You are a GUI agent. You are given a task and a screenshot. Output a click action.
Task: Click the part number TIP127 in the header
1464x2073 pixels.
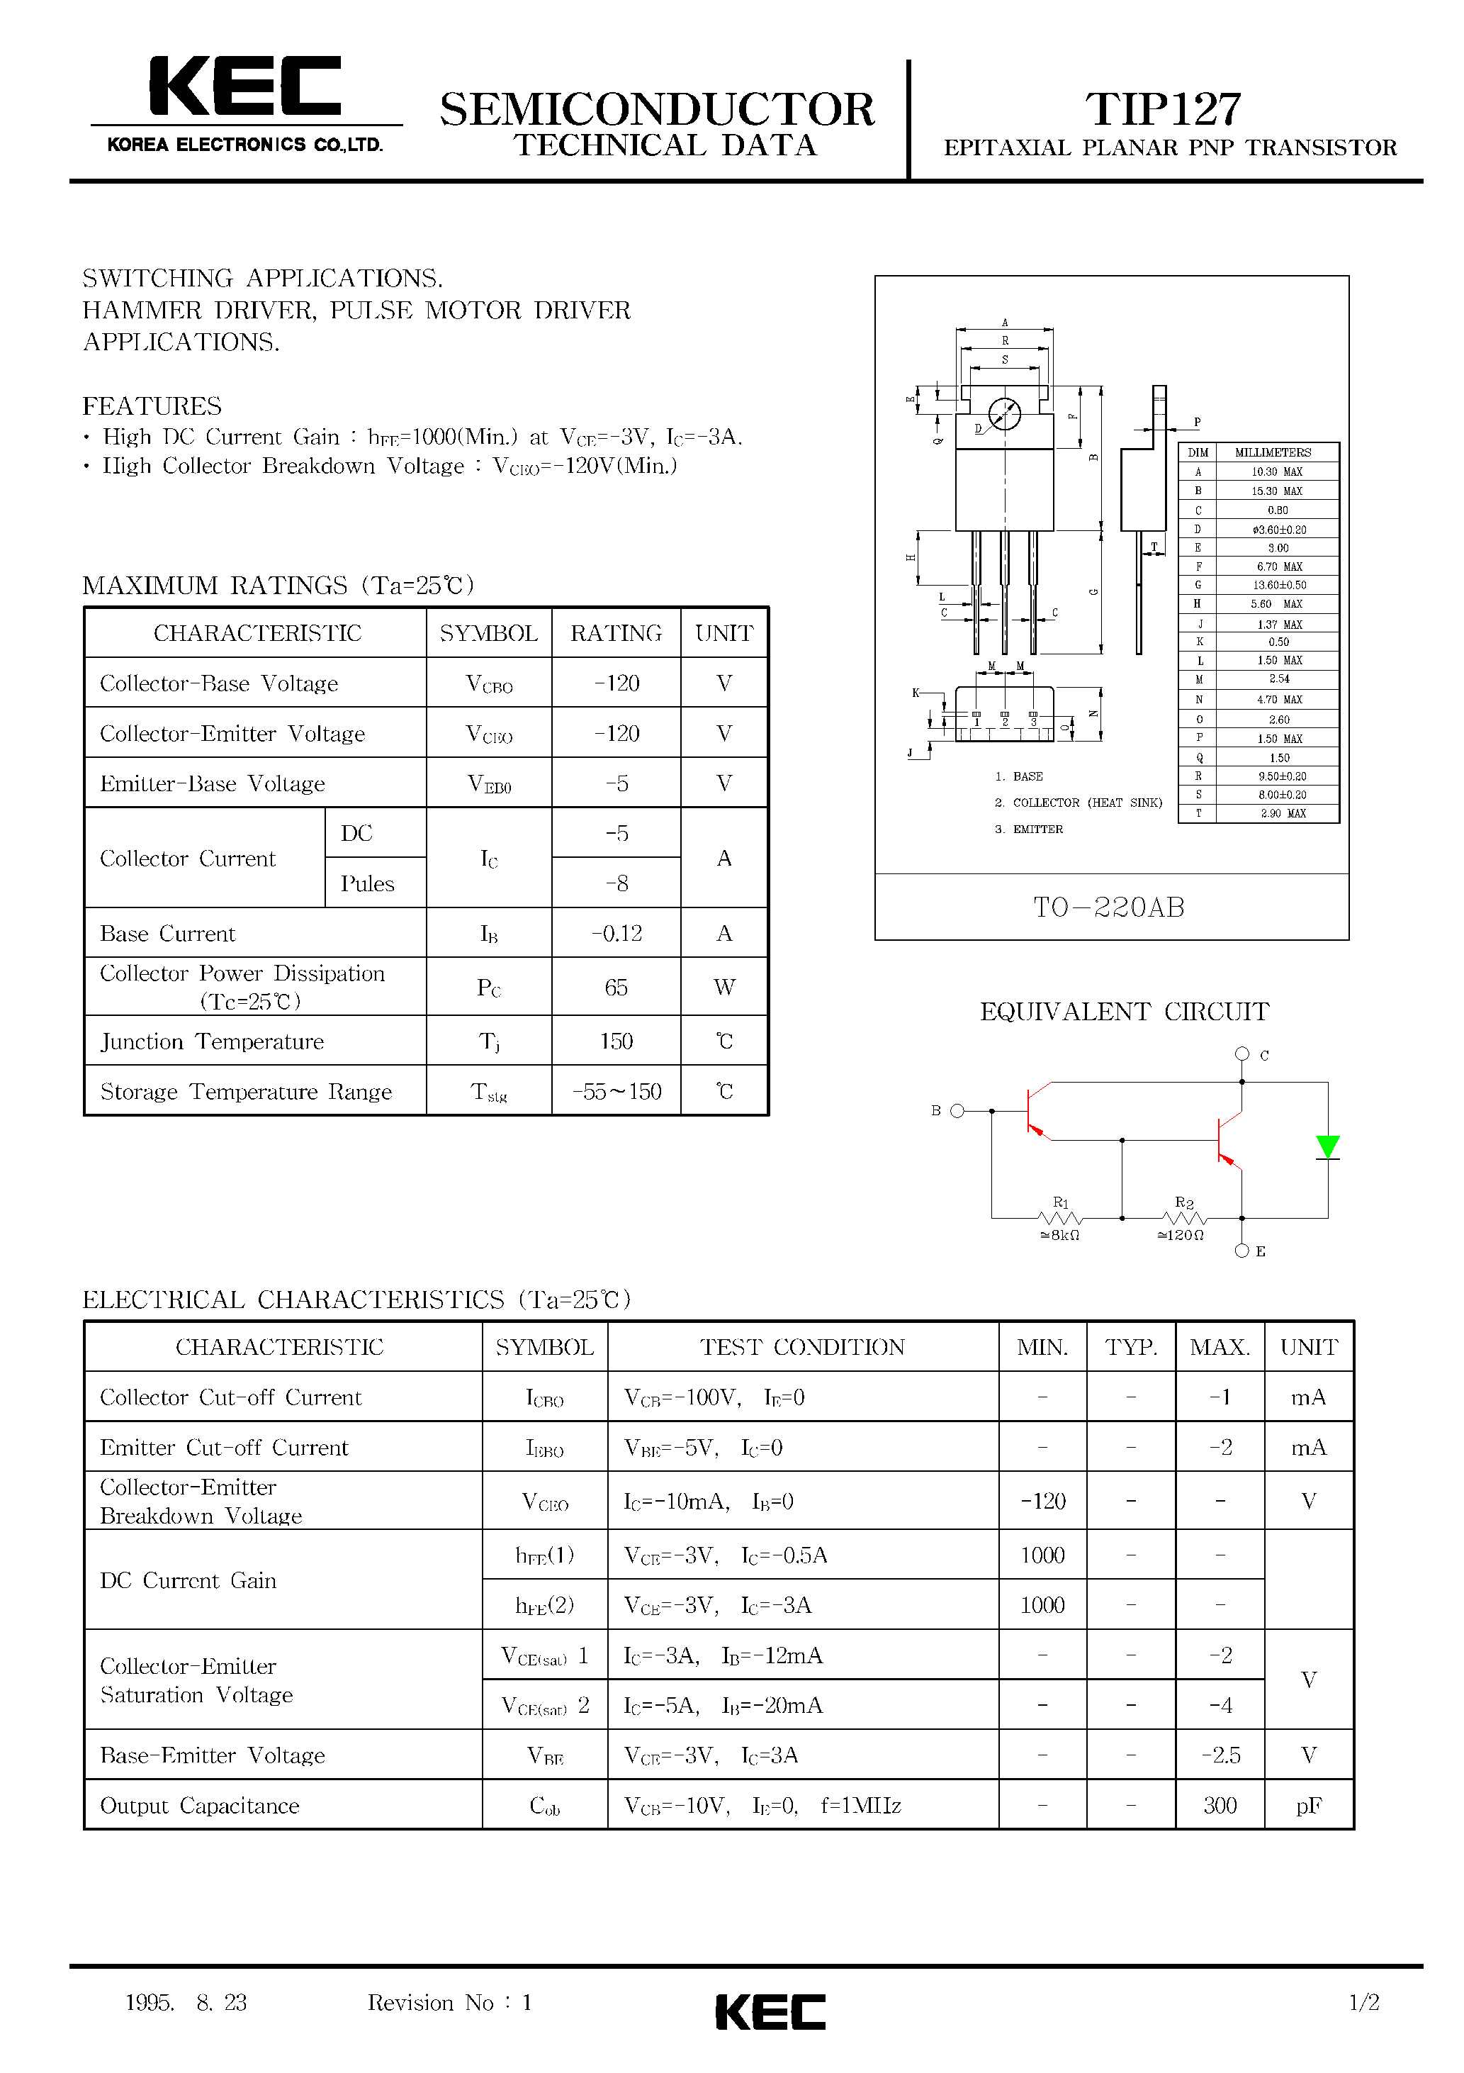point(1163,109)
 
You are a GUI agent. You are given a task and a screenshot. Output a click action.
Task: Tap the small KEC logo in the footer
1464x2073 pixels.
point(770,2013)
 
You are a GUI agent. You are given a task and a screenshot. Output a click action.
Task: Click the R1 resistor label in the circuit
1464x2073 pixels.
point(1061,1202)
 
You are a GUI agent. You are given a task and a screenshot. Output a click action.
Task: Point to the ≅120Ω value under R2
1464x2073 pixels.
point(1181,1235)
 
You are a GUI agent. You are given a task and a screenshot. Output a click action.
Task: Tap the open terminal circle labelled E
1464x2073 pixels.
point(1242,1251)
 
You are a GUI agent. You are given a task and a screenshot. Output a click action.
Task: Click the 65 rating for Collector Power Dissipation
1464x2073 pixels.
point(616,987)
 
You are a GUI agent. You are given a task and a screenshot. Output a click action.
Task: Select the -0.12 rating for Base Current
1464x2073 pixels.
point(616,934)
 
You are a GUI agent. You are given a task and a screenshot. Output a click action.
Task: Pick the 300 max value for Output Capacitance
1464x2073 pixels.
point(1220,1806)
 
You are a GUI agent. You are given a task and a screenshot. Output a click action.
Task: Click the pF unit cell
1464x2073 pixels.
point(1309,1806)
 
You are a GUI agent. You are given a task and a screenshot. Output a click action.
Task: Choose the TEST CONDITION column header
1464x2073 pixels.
point(802,1347)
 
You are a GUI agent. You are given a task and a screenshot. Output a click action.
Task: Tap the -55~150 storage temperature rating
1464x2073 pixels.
point(616,1092)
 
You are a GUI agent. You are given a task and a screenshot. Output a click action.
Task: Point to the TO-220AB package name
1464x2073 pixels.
point(1109,907)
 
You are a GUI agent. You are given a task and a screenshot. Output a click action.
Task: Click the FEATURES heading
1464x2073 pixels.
point(152,406)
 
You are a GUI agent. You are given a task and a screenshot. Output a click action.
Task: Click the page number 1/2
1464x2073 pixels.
point(1364,2003)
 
